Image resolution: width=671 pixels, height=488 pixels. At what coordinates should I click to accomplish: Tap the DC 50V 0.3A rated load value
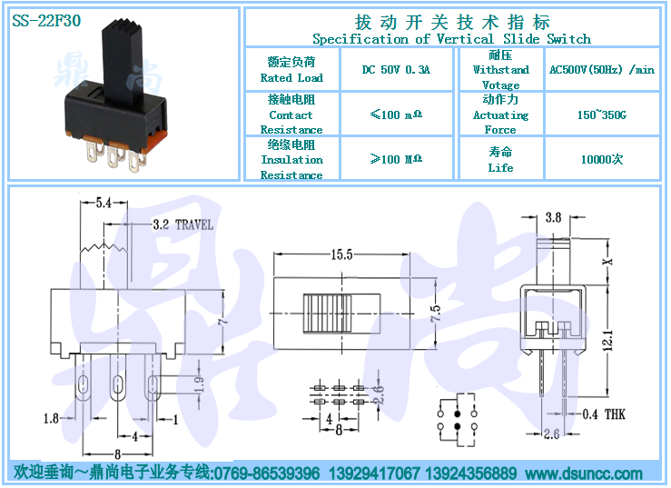[396, 70]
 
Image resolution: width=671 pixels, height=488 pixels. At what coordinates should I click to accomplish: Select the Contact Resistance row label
[291, 115]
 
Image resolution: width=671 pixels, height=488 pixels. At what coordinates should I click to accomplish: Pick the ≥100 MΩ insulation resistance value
[396, 159]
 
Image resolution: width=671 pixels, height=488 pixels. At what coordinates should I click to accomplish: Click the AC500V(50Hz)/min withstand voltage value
[601, 70]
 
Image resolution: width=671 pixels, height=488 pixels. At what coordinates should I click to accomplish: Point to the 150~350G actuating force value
[601, 115]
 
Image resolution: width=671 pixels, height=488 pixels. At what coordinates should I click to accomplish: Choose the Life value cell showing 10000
[601, 159]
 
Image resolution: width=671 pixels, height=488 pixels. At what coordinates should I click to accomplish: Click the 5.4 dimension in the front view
[104, 204]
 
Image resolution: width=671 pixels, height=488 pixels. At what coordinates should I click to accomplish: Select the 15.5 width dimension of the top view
[341, 255]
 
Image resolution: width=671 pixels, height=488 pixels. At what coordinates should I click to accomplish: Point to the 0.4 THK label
[603, 414]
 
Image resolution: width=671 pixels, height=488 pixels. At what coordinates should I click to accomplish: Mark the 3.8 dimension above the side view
[554, 217]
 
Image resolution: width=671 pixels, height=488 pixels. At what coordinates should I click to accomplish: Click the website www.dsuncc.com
[583, 473]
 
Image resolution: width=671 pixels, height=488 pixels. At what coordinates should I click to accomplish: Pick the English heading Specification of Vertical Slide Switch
[451, 39]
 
